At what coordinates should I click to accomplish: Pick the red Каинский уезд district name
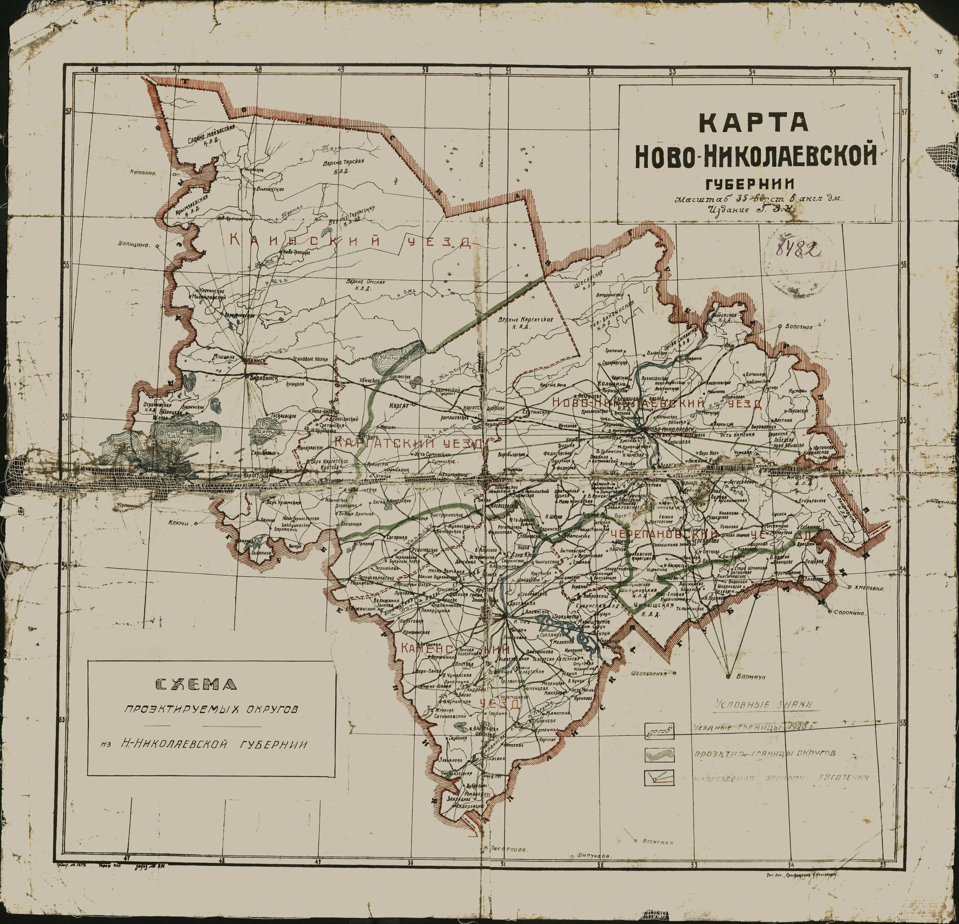[x=350, y=241]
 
